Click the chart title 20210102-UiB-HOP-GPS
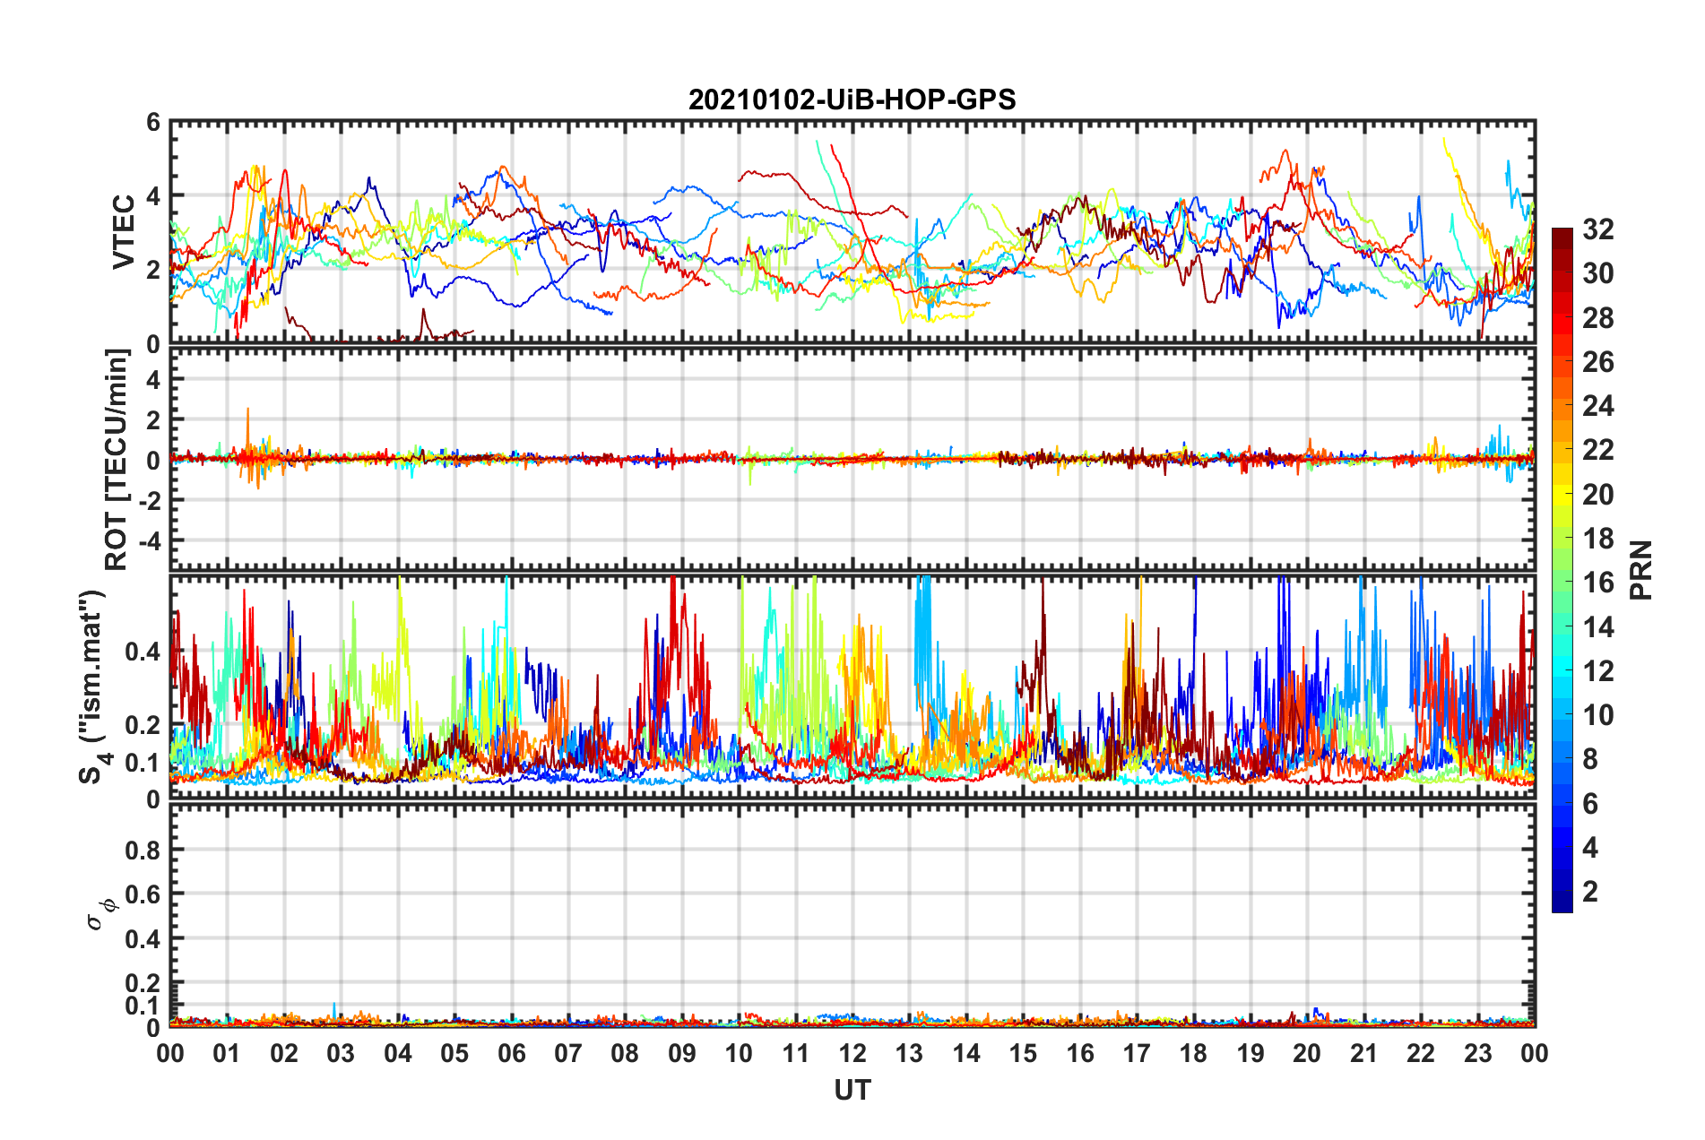(852, 99)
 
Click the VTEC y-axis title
(123, 232)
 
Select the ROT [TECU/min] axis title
(117, 460)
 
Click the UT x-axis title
(852, 1090)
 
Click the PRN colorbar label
(1641, 570)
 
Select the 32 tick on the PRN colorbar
(1597, 229)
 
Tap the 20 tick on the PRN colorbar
(1597, 495)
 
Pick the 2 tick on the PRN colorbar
(1590, 892)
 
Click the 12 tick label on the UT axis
(852, 1053)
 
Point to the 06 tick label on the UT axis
(511, 1053)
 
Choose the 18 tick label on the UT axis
(1193, 1053)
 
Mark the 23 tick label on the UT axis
(1477, 1053)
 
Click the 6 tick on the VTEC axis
(153, 123)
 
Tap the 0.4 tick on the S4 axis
(143, 652)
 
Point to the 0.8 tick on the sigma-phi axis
(143, 850)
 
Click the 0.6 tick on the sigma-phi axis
(143, 894)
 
